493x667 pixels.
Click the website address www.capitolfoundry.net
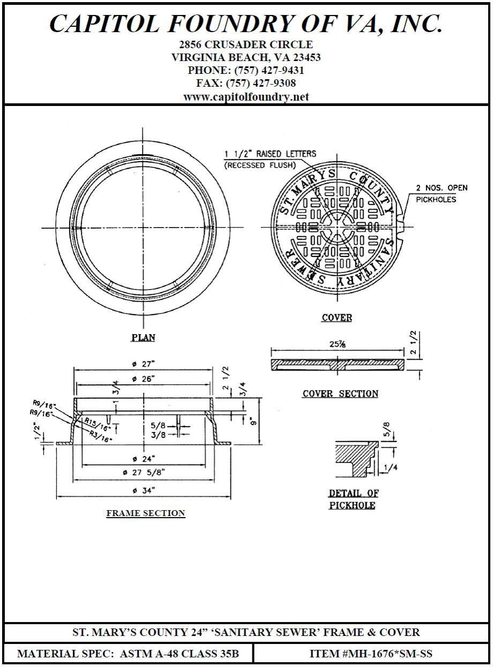(246, 97)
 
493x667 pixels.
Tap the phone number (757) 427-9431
(246, 70)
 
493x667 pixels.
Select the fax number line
(246, 84)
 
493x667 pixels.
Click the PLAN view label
(143, 337)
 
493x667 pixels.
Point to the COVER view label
(337, 318)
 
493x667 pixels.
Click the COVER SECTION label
(340, 394)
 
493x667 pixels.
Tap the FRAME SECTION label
(146, 513)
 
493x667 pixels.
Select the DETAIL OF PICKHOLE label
(352, 499)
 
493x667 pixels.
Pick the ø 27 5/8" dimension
(144, 472)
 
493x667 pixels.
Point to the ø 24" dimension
(144, 458)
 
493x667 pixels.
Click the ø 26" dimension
(143, 378)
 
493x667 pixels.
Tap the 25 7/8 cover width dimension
(337, 344)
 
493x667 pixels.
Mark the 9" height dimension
(253, 421)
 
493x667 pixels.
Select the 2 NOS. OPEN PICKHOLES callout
(442, 193)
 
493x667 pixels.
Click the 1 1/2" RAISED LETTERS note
(270, 154)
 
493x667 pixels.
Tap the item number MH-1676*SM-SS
(371, 654)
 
